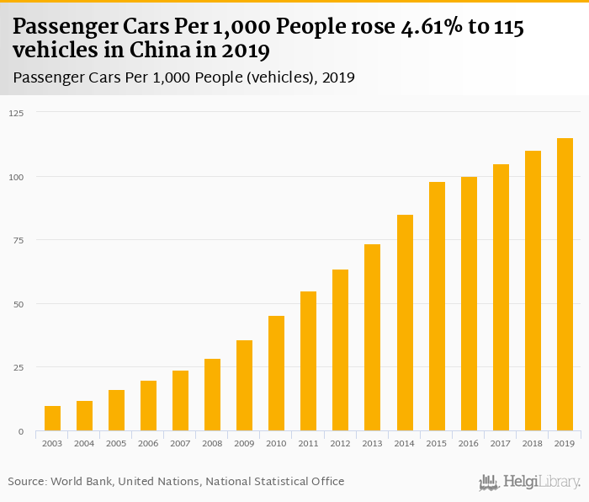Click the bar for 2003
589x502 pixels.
(x=52, y=419)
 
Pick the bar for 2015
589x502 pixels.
(x=438, y=307)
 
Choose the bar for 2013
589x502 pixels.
(x=373, y=338)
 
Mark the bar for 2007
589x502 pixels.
(x=180, y=401)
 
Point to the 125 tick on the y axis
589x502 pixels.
(x=16, y=113)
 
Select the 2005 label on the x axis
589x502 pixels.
(x=116, y=443)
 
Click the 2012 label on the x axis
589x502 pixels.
(x=341, y=443)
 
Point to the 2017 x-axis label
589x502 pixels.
(x=501, y=443)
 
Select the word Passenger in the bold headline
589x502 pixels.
(x=70, y=28)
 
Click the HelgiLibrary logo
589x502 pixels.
(x=530, y=482)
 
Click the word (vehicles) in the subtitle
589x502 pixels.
(x=279, y=77)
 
